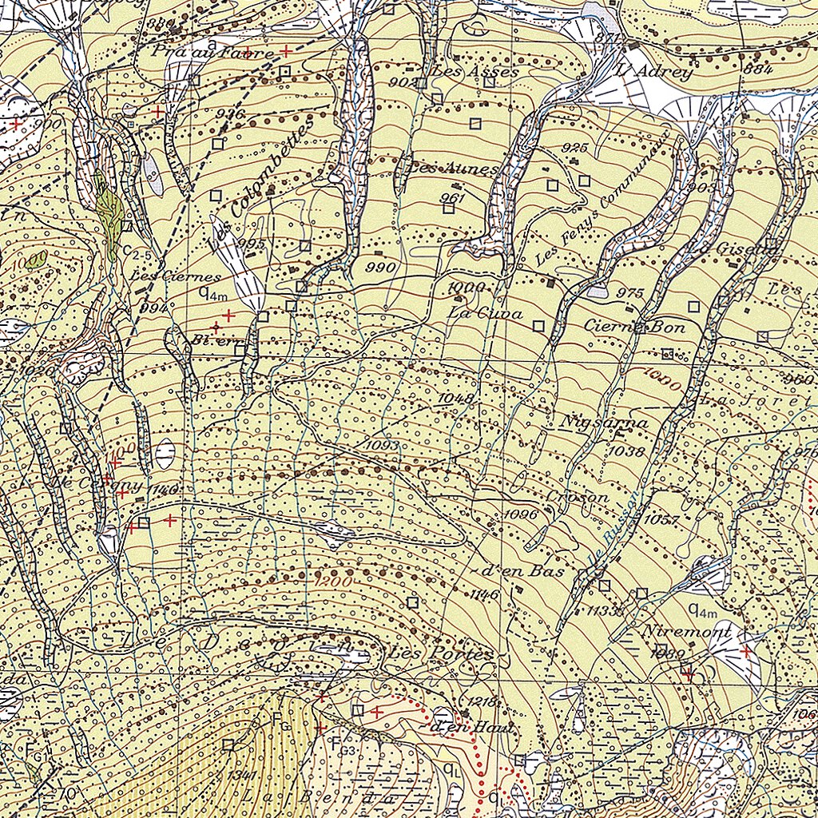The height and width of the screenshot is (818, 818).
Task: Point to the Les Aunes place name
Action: point(452,169)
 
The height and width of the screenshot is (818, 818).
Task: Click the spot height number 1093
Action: point(382,443)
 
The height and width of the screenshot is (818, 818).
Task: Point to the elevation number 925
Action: point(575,148)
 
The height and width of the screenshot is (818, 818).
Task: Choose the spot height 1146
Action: point(485,595)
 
